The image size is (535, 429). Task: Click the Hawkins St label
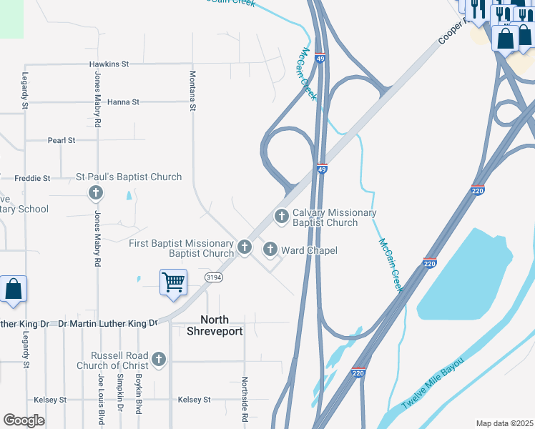coord(109,64)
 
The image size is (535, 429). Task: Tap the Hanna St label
coord(123,102)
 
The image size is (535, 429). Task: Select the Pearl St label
coord(62,141)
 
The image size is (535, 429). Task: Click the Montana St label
coord(192,91)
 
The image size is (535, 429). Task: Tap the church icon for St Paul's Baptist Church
coord(95,192)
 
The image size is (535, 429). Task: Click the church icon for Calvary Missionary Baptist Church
coord(282,214)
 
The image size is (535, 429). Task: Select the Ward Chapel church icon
coord(270,250)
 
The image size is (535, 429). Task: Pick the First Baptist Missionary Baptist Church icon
coord(245,247)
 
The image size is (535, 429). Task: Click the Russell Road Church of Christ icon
coord(159,359)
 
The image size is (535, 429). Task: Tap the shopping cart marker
coord(173,282)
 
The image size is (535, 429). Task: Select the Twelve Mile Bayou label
coord(433,382)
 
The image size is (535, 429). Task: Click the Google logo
coord(24,420)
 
